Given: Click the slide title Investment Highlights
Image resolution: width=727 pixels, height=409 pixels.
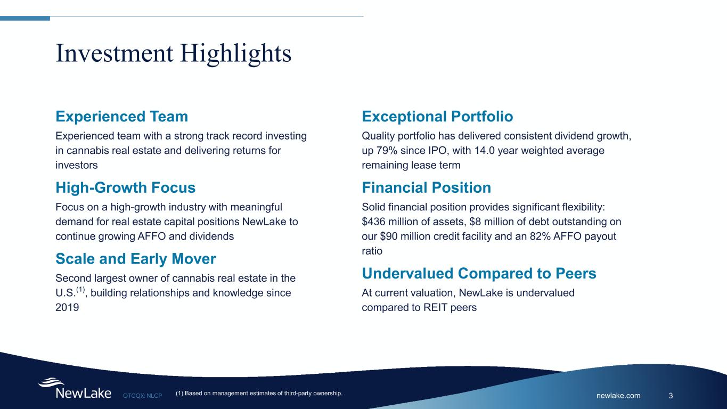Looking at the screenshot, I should pos(173,53).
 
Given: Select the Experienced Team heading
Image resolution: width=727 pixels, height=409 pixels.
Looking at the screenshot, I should pos(121,116).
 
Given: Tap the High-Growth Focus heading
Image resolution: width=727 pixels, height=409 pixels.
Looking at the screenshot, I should pos(125,187).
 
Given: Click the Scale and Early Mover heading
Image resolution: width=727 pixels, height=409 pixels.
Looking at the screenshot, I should pos(135,259).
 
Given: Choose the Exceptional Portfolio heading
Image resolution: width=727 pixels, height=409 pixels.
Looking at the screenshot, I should pos(437,116).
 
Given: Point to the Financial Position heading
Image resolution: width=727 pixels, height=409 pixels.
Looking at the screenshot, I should pos(426,187).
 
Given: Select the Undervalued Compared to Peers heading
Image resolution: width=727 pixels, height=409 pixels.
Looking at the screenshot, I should pos(478,273).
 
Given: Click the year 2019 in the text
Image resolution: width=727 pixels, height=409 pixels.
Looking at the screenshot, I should pos(67,308).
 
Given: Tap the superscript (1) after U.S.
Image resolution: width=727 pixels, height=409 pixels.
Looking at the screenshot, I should pos(80,290).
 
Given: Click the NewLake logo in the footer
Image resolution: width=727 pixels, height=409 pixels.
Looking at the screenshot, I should pos(75,389).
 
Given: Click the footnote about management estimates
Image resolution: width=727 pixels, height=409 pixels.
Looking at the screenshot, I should pos(258,394).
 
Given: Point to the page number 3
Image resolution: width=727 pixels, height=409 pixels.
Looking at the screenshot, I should pos(671,395).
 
